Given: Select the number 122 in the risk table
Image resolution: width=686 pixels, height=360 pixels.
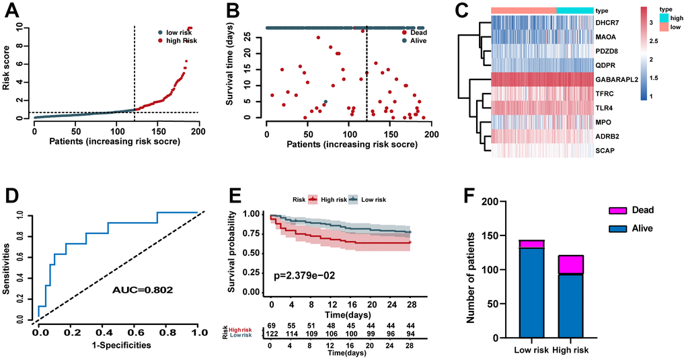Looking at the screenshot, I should [x=273, y=334].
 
